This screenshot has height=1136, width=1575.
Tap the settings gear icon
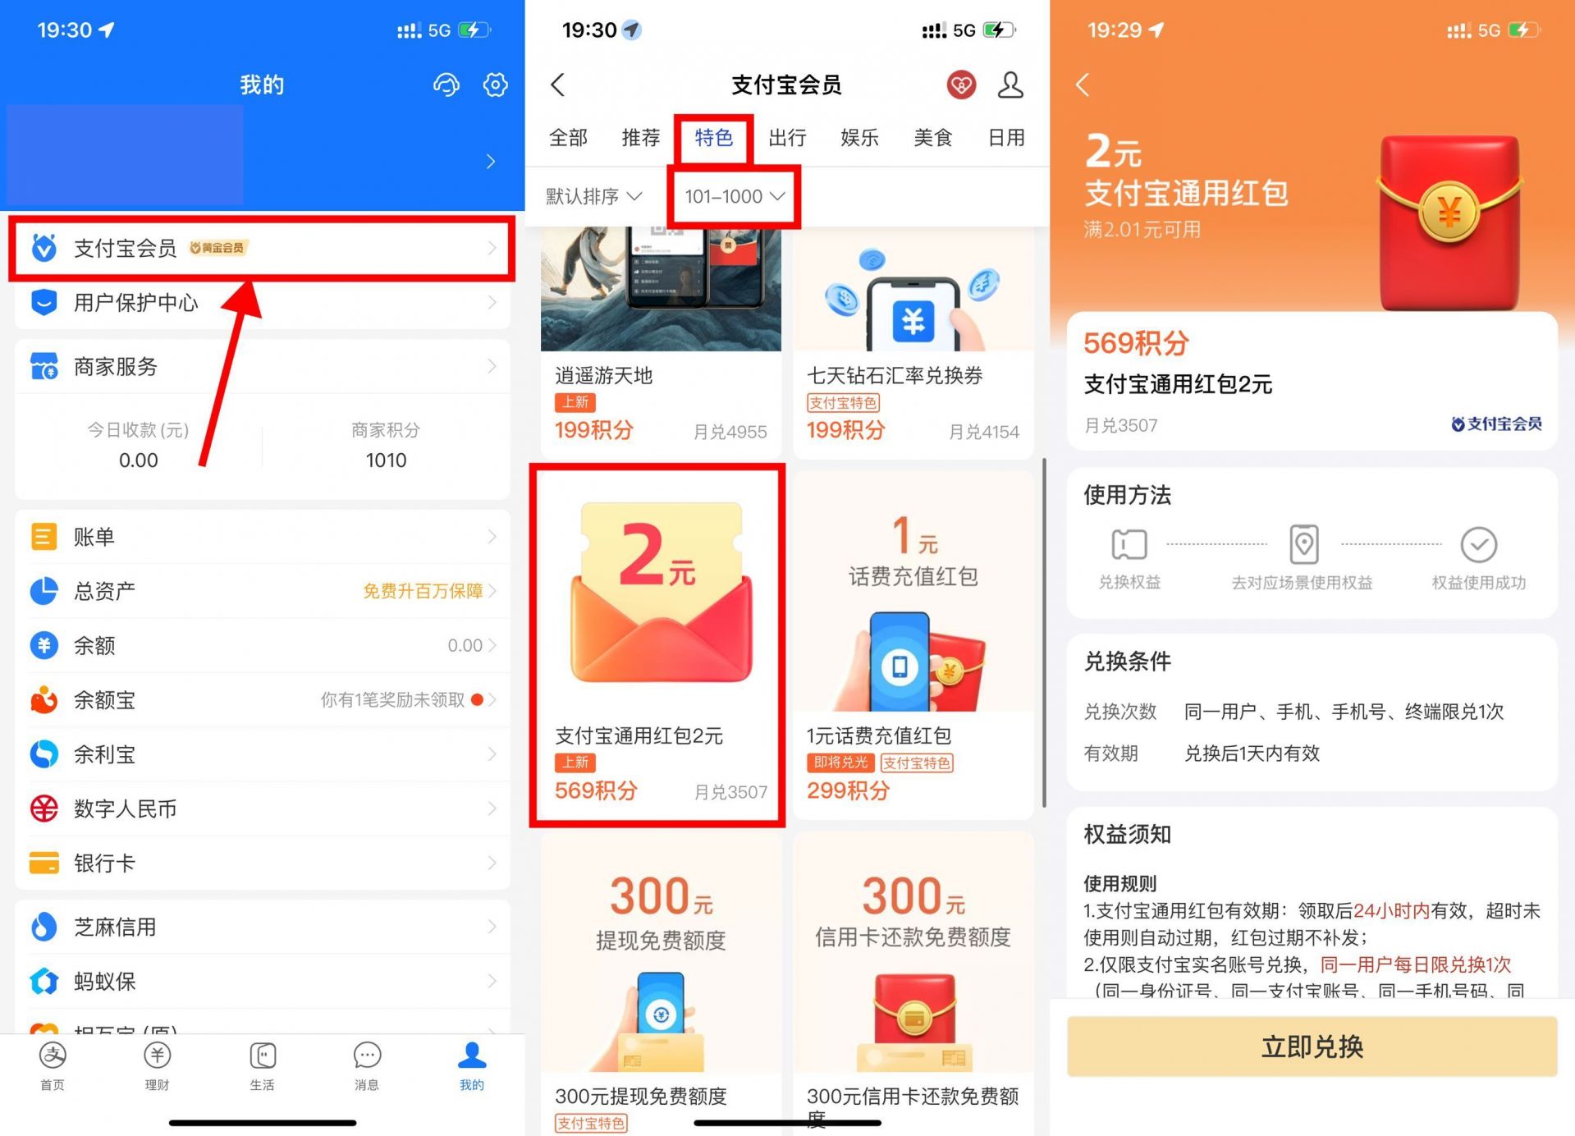[x=495, y=85]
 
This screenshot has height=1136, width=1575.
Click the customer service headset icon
[x=446, y=85]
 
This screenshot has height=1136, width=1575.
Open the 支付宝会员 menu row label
[x=125, y=248]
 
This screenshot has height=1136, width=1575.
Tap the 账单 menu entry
[x=94, y=537]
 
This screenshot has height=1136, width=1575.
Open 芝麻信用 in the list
[x=115, y=928]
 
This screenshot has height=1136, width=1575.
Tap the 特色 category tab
[x=713, y=138]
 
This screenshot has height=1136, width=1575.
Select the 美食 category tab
[x=933, y=138]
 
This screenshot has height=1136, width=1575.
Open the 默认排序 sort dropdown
[x=593, y=197]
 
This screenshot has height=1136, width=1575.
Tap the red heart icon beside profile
[x=961, y=85]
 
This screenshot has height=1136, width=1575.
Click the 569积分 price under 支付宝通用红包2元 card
[x=596, y=790]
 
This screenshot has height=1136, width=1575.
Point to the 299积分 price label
[x=848, y=790]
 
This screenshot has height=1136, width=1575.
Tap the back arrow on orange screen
[x=1083, y=85]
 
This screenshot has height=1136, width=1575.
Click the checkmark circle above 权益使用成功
[x=1478, y=544]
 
